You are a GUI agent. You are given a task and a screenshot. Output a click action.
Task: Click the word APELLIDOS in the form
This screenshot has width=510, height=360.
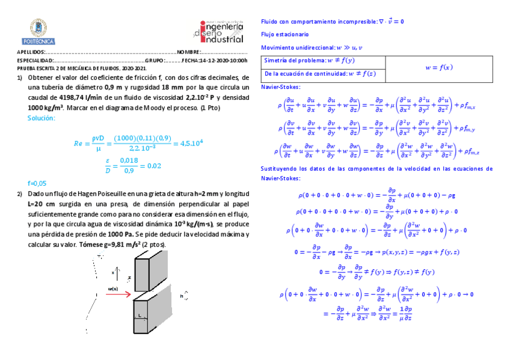pyautogui.click(x=31, y=53)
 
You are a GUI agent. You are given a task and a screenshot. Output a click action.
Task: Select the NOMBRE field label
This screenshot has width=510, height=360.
pyautogui.click(x=189, y=53)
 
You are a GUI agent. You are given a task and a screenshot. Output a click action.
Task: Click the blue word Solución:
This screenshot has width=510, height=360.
pyautogui.click(x=41, y=118)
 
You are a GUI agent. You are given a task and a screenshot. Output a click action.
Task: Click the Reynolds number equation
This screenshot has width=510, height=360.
pyautogui.click(x=138, y=143)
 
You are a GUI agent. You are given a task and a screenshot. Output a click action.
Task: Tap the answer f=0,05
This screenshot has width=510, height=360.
pyautogui.click(x=37, y=183)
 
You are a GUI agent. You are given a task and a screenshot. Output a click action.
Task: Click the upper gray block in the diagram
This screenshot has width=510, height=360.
pyautogui.click(x=150, y=270)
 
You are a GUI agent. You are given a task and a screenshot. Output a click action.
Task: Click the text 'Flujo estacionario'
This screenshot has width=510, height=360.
pyautogui.click(x=284, y=34)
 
